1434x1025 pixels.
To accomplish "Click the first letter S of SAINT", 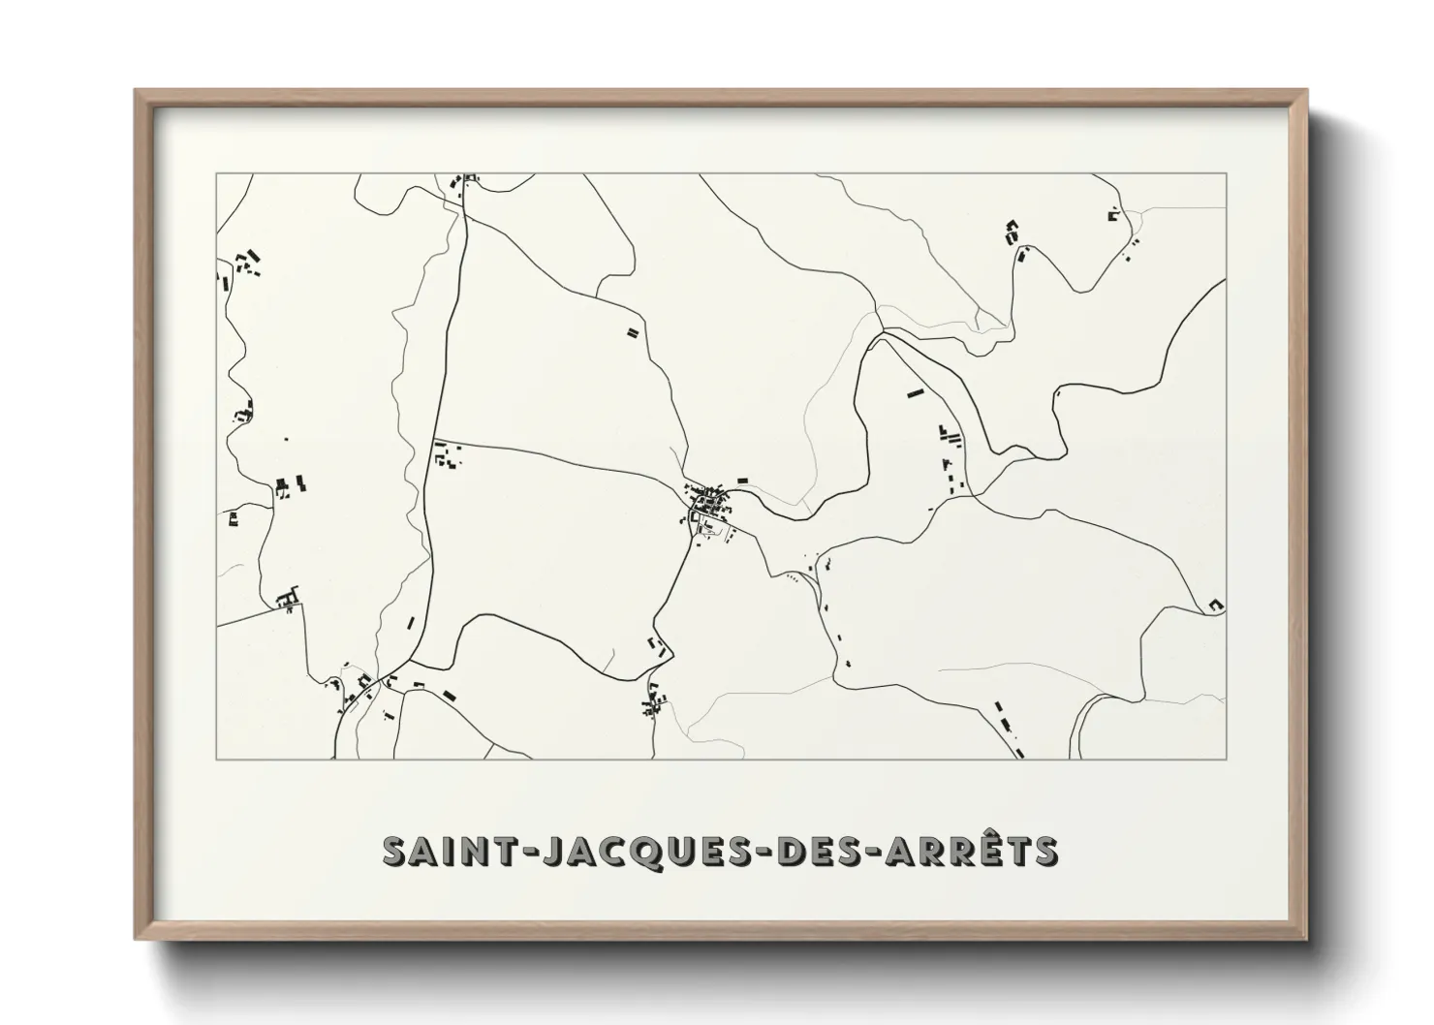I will click(x=394, y=850).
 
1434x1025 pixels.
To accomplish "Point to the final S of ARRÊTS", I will click(x=1044, y=850).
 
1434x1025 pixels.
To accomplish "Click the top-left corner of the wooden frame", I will click(x=137, y=92).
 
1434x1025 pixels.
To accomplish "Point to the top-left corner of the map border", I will click(x=216, y=173).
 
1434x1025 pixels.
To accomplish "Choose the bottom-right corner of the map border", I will click(x=1226, y=759).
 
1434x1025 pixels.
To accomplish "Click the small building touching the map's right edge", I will click(x=1217, y=605).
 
